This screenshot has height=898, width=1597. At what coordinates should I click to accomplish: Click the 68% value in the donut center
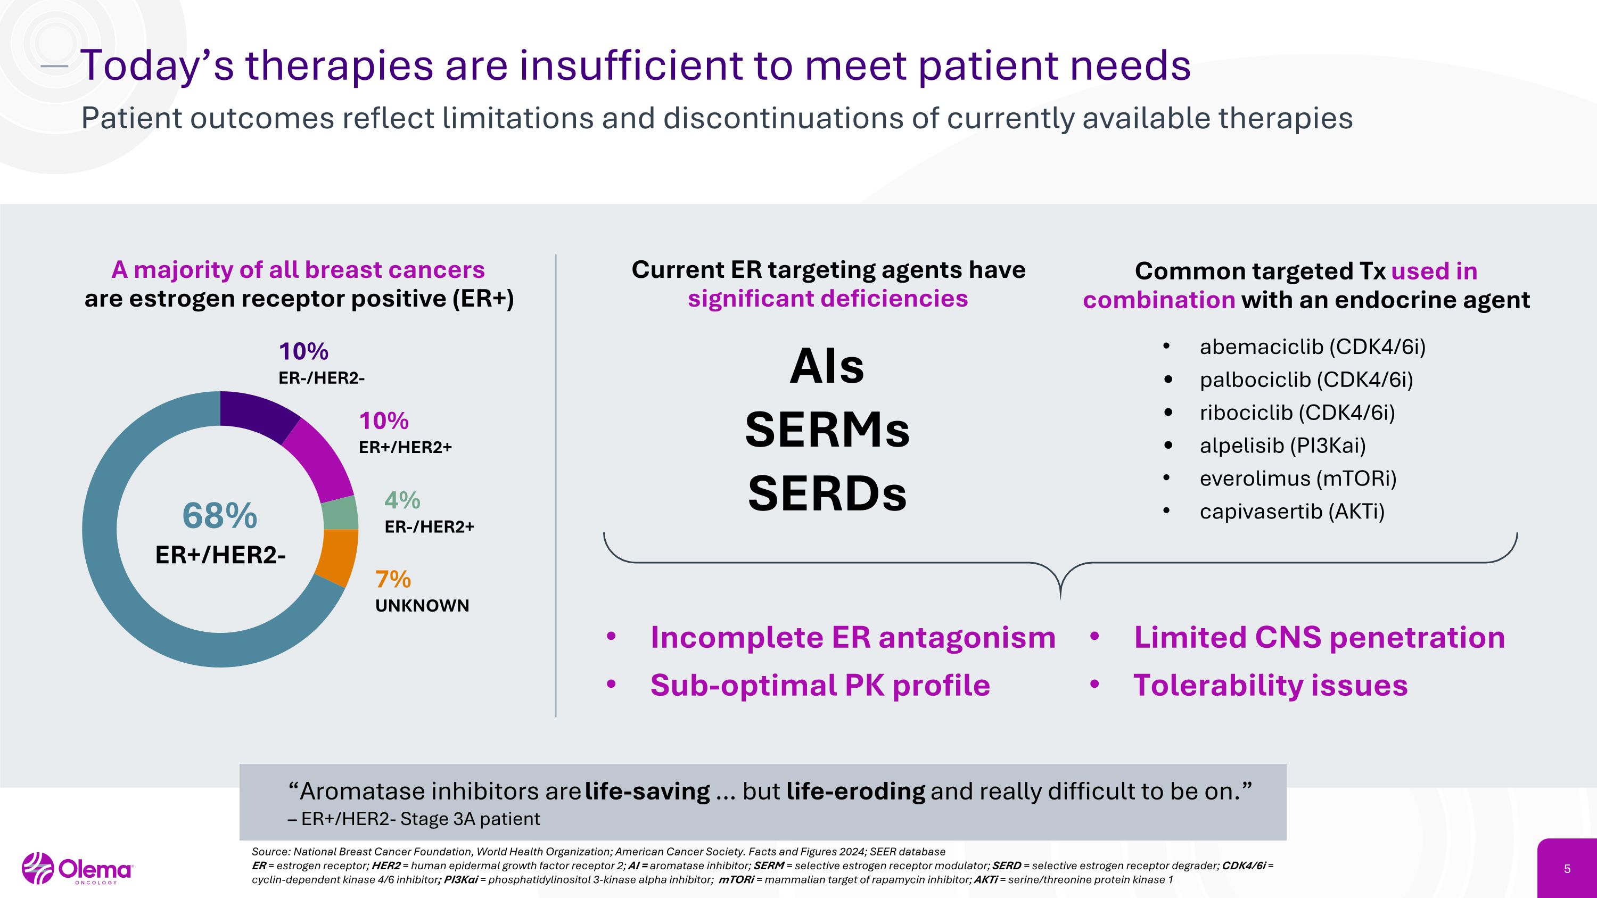pos(219,516)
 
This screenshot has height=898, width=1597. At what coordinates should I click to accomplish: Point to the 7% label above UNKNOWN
pos(393,580)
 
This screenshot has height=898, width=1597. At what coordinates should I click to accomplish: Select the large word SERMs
pos(827,430)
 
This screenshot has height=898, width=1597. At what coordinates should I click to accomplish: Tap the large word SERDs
pos(827,494)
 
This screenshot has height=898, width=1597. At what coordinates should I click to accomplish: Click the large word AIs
pos(827,366)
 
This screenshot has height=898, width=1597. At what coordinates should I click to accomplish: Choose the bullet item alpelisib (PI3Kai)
pos(1282,446)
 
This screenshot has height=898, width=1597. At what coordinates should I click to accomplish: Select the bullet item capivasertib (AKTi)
pos(1291,512)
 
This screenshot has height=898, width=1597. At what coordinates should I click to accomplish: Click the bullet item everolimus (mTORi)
pos(1298,479)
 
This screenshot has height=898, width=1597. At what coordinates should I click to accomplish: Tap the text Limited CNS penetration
pos(1319,638)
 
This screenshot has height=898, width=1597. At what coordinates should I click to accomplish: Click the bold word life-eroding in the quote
pos(855,792)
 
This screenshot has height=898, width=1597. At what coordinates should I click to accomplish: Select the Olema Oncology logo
pos(77,869)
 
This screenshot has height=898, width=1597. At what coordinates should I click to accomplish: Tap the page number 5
pos(1567,869)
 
